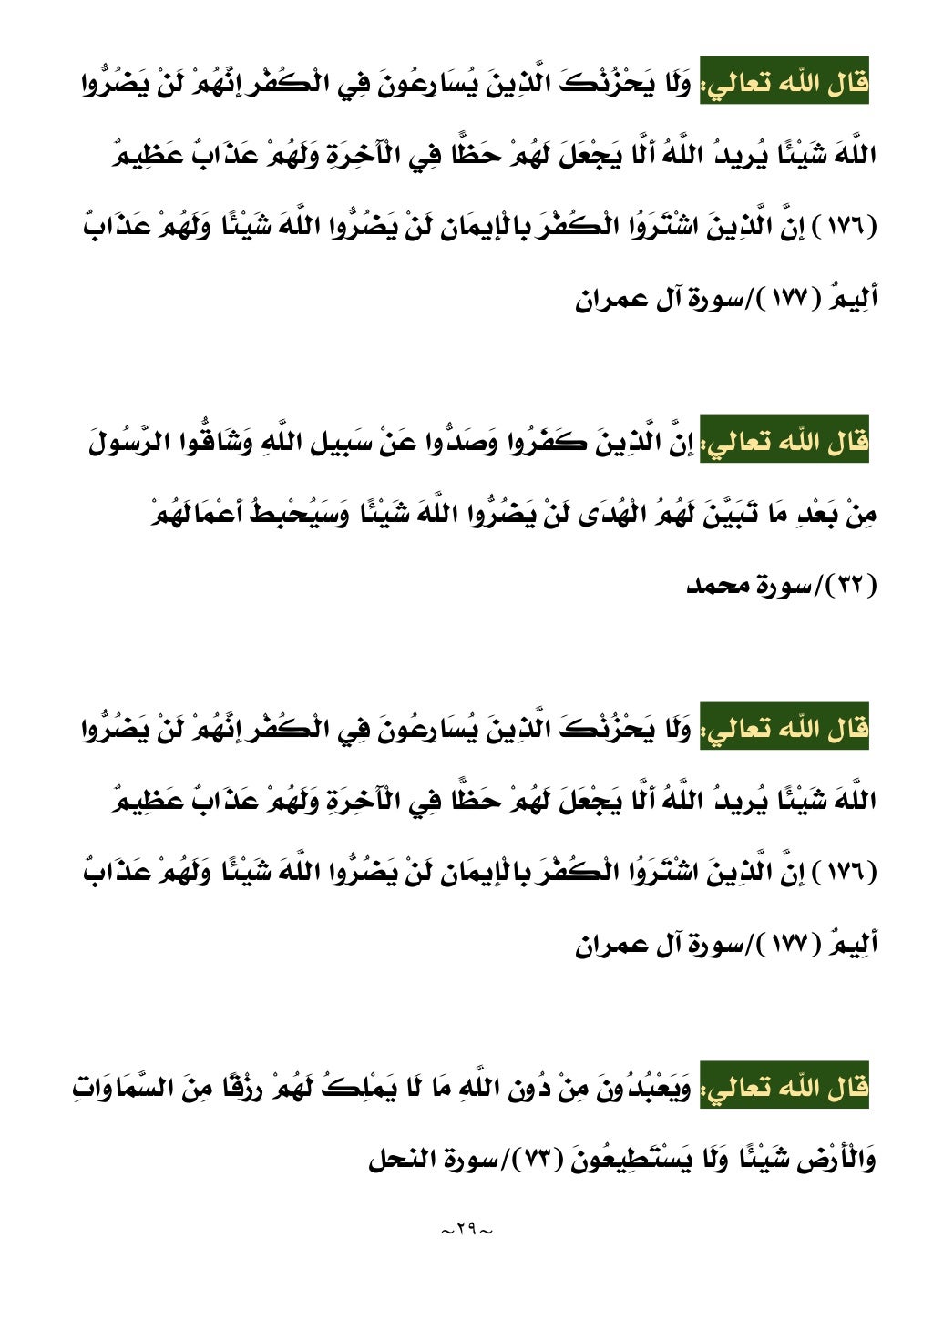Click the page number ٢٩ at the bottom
466,1230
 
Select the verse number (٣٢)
850,586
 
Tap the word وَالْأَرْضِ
836,1161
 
